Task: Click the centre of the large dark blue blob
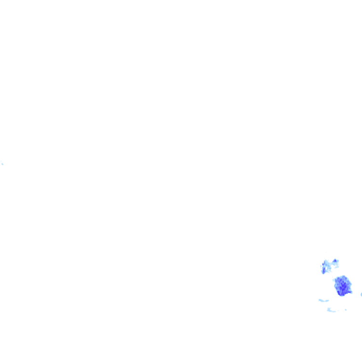click(343, 286)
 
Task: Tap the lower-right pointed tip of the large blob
click(351, 292)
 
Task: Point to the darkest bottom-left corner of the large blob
click(339, 292)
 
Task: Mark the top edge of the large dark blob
click(343, 276)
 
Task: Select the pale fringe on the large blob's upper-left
click(334, 279)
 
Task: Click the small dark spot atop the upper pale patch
click(335, 261)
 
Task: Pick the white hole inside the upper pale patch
click(326, 268)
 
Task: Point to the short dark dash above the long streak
click(323, 264)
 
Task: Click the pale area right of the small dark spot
click(337, 263)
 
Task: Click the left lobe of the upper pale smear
click(321, 300)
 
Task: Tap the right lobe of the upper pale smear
click(327, 301)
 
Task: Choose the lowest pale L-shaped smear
click(331, 310)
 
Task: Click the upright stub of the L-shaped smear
click(329, 309)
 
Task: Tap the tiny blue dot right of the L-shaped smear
click(346, 310)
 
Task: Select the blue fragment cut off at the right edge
click(361, 294)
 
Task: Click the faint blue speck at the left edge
click(2, 164)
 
